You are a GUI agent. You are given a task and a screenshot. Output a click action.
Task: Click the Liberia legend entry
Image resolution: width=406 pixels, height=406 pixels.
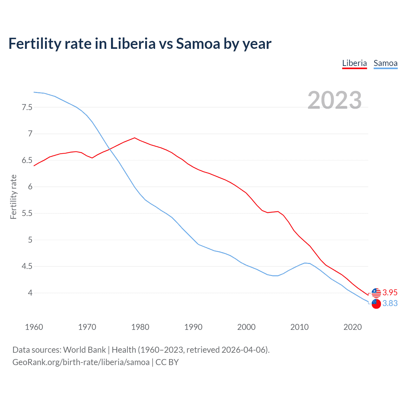click(354, 63)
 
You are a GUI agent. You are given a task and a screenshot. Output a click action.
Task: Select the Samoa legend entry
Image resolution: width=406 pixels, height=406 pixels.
click(385, 63)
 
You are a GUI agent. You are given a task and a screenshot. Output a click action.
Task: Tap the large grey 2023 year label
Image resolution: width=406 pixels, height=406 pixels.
click(335, 100)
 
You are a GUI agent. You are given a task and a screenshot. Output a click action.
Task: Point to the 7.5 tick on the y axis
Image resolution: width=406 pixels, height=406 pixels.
click(27, 107)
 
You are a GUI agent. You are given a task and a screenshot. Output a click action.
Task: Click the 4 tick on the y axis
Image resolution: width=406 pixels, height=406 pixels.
click(30, 293)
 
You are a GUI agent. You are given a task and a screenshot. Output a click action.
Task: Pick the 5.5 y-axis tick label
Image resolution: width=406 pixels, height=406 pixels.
click(27, 213)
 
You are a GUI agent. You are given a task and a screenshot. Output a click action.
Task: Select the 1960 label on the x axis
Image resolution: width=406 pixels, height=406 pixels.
click(34, 327)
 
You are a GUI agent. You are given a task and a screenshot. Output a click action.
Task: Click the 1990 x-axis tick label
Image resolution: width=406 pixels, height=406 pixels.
click(193, 327)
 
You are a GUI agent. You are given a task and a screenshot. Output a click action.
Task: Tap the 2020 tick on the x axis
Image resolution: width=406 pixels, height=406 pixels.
click(352, 327)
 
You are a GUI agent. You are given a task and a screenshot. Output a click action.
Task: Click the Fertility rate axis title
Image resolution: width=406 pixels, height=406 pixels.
click(13, 197)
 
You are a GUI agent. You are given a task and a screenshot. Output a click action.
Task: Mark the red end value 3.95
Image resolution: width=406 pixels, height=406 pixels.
click(390, 292)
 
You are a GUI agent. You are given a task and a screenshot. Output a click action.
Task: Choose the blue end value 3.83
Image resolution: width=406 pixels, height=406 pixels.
click(390, 304)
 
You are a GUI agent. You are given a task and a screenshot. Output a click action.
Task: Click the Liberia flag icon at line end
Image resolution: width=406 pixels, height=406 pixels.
click(376, 293)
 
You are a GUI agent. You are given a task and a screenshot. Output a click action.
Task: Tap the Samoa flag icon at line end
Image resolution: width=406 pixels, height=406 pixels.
click(376, 304)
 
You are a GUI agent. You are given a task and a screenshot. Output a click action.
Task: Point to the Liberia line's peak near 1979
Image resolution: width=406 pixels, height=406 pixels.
click(135, 138)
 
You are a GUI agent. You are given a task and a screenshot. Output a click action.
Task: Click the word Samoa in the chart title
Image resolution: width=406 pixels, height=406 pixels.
click(198, 43)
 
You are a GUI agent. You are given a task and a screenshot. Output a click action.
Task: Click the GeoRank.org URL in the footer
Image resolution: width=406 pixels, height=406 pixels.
click(81, 362)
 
